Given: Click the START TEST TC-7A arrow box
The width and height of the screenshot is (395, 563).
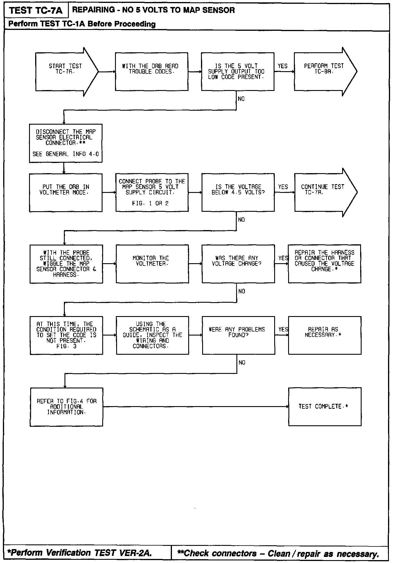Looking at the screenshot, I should tap(65, 71).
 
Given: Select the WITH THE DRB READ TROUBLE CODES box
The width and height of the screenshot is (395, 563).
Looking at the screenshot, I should tap(151, 71).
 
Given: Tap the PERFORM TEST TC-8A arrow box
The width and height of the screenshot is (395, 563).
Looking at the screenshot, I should tap(324, 71).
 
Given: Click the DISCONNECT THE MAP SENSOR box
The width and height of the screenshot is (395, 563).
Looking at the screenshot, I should tap(66, 143).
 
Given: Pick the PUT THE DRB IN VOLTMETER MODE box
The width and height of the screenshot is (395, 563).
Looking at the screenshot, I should tap(66, 193).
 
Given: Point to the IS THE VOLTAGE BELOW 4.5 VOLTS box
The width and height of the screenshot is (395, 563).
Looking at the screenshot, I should tap(238, 192).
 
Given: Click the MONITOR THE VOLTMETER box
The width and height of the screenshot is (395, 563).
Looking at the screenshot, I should tap(152, 264).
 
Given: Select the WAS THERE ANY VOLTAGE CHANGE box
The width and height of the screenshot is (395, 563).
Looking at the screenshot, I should tap(238, 264).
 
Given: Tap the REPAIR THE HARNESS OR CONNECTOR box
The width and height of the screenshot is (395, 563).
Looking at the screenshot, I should tap(324, 264).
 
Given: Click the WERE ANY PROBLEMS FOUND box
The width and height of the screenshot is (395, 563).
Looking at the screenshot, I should tap(238, 335).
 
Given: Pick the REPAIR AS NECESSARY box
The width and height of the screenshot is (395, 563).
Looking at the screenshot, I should tap(325, 335).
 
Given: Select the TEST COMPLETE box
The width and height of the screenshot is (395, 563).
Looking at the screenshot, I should tap(325, 407).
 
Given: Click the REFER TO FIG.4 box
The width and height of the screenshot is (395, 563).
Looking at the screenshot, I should tap(66, 407).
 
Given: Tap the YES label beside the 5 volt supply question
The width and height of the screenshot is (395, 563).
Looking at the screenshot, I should tap(282, 66).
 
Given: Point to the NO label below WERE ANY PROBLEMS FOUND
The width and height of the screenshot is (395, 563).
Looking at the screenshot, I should tap(242, 363).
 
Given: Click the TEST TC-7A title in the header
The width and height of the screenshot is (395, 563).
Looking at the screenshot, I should tap(36, 11).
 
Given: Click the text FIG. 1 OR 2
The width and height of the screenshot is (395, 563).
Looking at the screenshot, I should tap(150, 204).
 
